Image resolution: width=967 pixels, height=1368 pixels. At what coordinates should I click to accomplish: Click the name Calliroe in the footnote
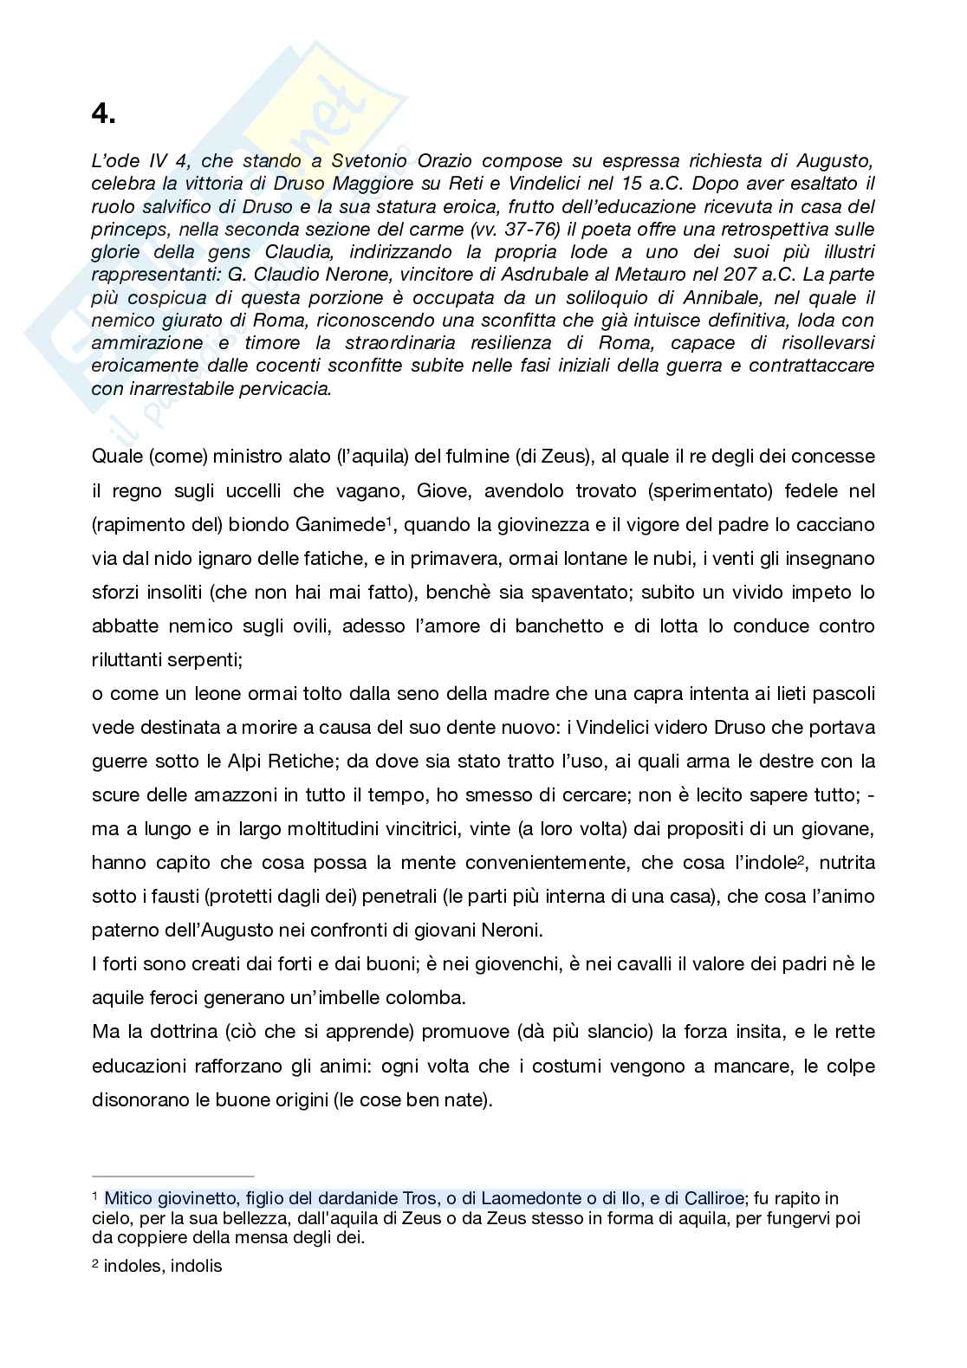713,1199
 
